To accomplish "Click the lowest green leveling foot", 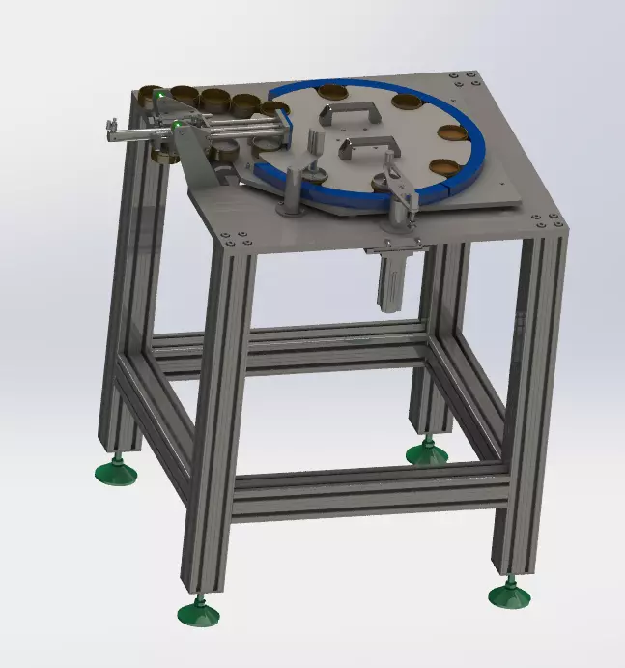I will point(198,612).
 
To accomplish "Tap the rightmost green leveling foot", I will point(509,594).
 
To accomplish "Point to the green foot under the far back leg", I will point(426,450).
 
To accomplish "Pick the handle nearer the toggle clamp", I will point(366,147).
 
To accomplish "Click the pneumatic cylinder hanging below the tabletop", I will point(393,280).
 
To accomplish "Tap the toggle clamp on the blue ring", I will point(399,189).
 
